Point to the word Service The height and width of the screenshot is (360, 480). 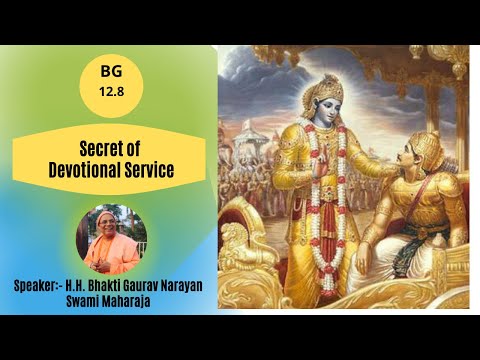(145, 171)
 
